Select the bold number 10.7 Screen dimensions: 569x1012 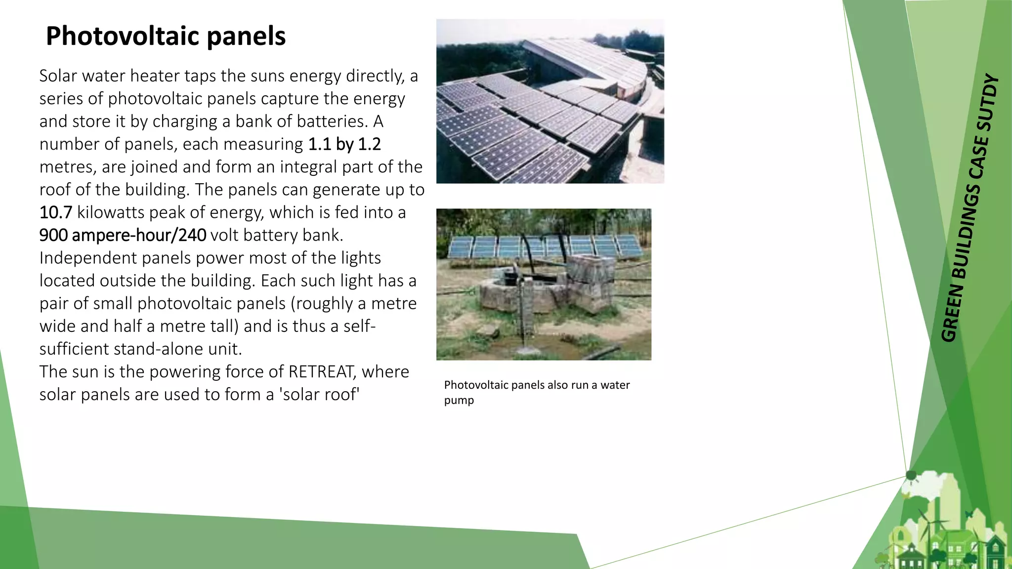click(x=55, y=212)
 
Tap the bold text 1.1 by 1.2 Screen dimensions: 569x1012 click(x=344, y=144)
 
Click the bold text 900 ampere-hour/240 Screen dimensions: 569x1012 click(x=123, y=235)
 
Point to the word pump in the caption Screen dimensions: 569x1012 click(x=459, y=401)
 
